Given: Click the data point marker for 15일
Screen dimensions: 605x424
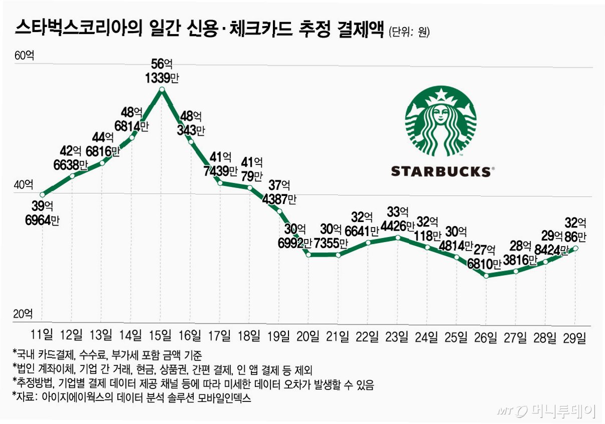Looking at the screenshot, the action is tap(162, 89).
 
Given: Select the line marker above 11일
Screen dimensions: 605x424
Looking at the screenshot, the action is tap(42, 194).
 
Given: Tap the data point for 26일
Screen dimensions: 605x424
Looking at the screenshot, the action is tap(486, 276).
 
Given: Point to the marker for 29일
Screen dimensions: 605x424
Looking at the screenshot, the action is tap(575, 248).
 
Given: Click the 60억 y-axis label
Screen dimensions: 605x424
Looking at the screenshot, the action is tap(25, 55).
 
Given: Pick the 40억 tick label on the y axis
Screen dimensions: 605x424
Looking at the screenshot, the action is tap(24, 185).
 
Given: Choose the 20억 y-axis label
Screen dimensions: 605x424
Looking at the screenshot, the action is tap(23, 314).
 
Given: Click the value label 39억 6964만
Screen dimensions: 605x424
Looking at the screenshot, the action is tap(42, 213).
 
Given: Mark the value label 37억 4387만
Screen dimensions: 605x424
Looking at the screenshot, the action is tap(279, 192).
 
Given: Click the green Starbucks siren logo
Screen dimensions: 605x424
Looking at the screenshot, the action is tap(441, 121).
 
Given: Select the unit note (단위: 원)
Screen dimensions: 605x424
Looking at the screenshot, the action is tap(409, 32).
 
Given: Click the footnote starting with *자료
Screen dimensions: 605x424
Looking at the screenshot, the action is tap(132, 397).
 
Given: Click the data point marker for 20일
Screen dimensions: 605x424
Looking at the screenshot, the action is tap(309, 254).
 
